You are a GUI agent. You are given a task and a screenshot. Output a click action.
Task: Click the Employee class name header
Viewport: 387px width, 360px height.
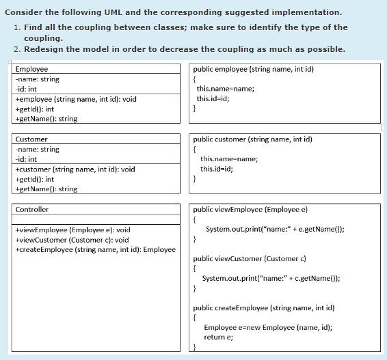click(x=31, y=70)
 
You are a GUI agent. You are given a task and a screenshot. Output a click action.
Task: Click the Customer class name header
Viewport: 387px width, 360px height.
click(x=31, y=139)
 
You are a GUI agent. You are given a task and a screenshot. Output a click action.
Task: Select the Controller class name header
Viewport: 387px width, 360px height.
click(x=32, y=210)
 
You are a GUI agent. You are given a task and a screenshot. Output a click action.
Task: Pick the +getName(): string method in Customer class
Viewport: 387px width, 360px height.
click(x=46, y=189)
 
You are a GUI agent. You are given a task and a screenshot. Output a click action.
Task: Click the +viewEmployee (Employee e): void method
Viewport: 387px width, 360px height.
click(x=72, y=230)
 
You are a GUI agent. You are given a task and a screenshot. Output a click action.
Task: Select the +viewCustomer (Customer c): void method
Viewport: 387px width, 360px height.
click(x=72, y=240)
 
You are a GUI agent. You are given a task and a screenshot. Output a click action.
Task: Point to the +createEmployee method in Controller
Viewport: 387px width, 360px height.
click(x=95, y=250)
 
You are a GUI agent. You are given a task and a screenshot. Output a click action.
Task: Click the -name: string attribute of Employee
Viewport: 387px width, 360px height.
click(x=37, y=79)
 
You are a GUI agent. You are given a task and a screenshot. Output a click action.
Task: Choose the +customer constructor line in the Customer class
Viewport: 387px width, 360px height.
click(x=75, y=169)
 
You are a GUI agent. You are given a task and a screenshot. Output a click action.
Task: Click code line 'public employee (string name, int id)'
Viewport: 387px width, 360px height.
click(x=253, y=70)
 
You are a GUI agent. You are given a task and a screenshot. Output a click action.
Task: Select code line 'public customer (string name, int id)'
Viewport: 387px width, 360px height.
click(x=252, y=139)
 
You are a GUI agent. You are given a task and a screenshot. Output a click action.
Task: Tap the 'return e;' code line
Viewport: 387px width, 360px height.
click(x=218, y=337)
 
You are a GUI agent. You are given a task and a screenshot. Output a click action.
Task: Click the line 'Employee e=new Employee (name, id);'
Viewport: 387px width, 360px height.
click(x=268, y=328)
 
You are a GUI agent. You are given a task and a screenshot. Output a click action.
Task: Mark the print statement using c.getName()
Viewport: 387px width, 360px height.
click(x=271, y=278)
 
